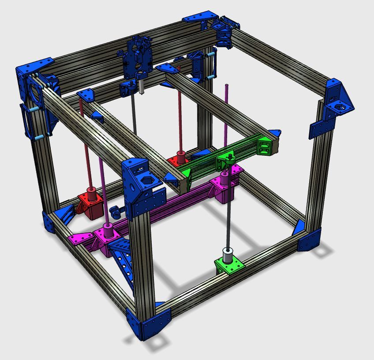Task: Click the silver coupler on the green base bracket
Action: pos(227,255)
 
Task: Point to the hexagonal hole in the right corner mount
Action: pos(341,106)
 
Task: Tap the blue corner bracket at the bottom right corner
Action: pos(309,239)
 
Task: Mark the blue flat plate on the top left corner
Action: pos(34,67)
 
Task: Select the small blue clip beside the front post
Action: pos(116,211)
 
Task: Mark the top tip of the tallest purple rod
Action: pos(227,85)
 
